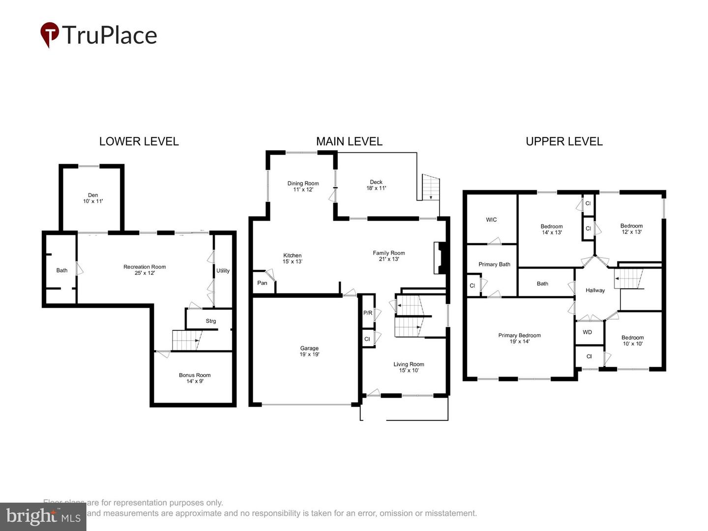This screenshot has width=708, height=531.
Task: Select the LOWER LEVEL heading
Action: (139, 142)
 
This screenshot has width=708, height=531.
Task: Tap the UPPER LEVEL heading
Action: (564, 142)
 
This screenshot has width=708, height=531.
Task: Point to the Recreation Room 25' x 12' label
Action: (145, 270)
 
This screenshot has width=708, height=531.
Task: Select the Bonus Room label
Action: (195, 378)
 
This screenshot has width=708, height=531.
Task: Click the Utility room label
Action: (223, 271)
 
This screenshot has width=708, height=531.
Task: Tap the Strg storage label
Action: (211, 321)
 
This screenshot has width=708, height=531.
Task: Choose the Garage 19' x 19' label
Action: (309, 351)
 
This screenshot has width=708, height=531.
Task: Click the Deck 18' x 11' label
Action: (376, 185)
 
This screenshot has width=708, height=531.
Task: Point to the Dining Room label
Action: (303, 186)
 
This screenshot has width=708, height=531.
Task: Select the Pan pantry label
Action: (262, 283)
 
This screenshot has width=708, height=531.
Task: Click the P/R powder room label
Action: (368, 313)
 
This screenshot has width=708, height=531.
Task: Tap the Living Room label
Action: (409, 367)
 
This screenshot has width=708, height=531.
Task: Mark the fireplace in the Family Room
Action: (439, 257)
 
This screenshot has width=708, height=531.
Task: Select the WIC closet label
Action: (491, 220)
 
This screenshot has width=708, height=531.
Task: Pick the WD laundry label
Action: (587, 332)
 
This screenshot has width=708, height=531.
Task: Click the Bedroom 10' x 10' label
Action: (632, 340)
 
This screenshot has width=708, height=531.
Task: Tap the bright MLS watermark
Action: (43, 516)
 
